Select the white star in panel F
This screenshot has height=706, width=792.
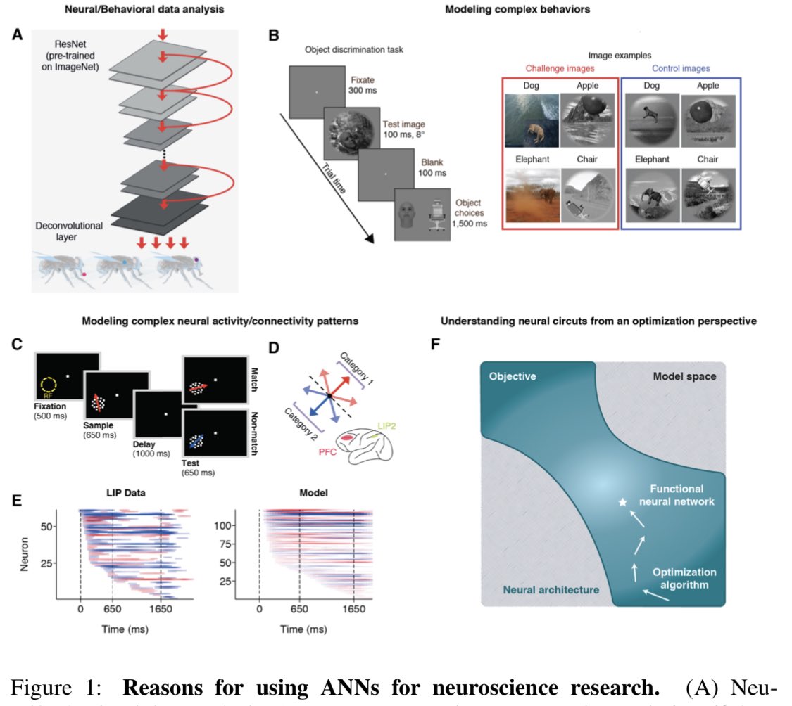622,502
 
